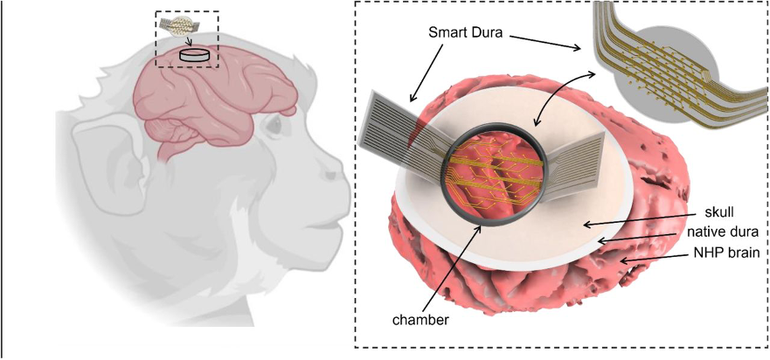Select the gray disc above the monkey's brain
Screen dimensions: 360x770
[194, 55]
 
